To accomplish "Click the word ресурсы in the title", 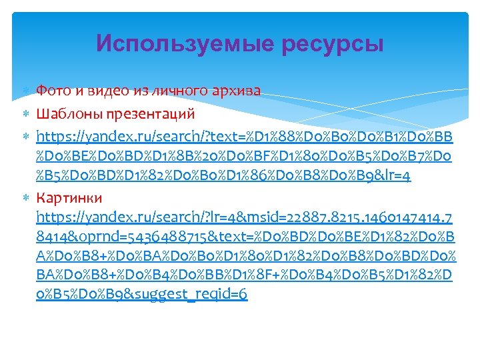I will [x=333, y=45].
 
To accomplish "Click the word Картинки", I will [x=69, y=198].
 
